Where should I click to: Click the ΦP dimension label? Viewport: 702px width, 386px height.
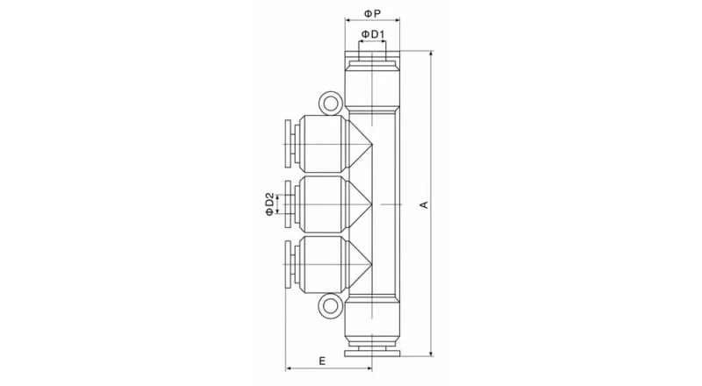coord(372,14)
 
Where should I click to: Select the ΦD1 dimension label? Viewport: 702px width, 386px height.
coord(373,34)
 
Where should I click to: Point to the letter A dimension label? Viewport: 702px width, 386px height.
coord(424,204)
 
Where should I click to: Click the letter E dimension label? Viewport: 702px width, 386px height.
coord(322,361)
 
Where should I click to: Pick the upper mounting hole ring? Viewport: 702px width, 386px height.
coord(331,104)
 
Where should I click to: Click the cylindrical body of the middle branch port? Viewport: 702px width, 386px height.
coord(320,204)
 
